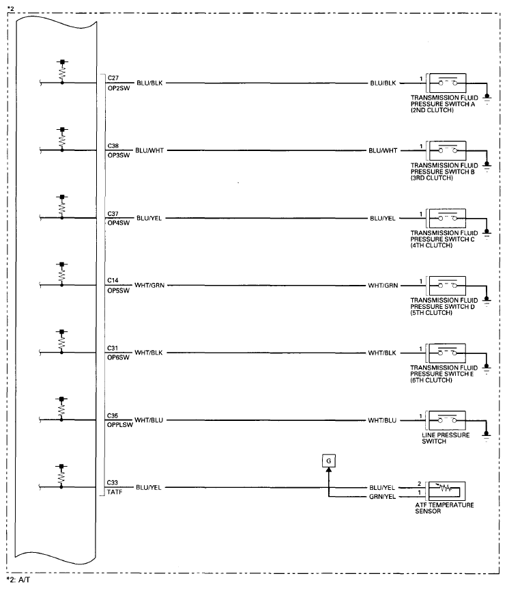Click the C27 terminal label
point(113,78)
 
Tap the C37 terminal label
point(113,213)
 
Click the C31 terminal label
point(113,348)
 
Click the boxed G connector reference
point(328,461)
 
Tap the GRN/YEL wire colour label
point(381,497)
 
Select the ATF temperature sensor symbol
point(446,490)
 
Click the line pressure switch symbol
point(446,420)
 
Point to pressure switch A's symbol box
point(446,83)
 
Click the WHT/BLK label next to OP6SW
point(151,353)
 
